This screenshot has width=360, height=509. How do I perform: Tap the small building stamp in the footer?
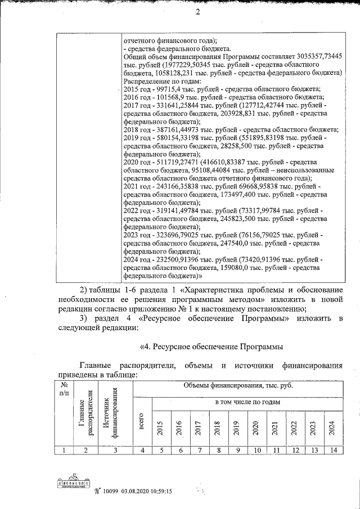74,485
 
